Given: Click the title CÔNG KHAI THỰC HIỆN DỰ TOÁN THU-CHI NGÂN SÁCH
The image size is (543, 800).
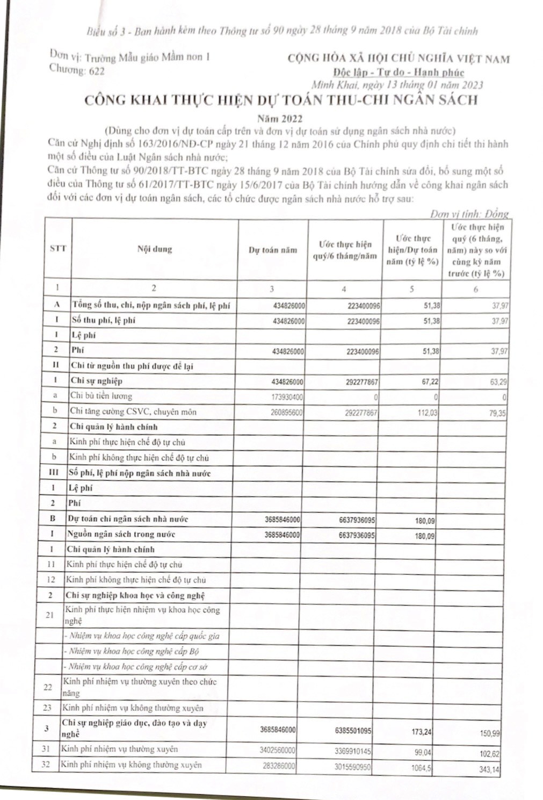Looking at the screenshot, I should pos(280,100).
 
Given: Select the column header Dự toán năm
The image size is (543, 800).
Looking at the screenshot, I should pos(272,250).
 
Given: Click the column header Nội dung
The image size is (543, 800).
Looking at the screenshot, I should pos(154,249).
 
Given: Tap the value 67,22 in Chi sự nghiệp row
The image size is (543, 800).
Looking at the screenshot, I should pos(424,381).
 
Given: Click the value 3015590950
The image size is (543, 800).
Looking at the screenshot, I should pos(350,766).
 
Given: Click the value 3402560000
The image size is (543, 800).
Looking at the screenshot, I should pos(277,750).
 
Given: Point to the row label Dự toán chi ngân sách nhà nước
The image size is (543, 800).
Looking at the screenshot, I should pos(127,519).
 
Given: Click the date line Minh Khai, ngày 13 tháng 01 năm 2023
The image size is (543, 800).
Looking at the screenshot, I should pos(397,85).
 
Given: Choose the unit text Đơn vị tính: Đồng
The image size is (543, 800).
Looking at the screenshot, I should pos(469,214).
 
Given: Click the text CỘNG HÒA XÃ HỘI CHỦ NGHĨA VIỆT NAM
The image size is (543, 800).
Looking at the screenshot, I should pos(399,59).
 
